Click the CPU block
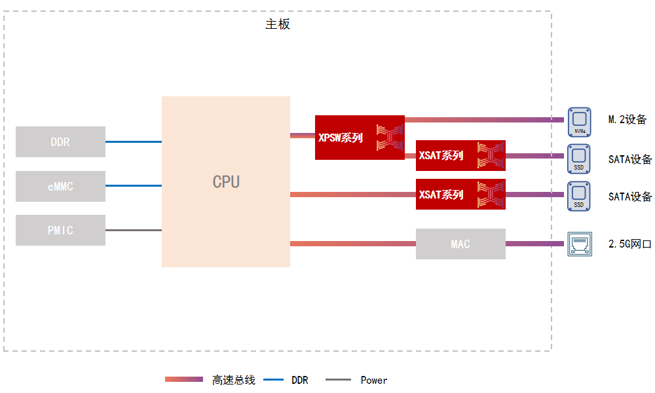click(x=225, y=181)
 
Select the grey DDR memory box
click(x=60, y=141)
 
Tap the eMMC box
click(x=60, y=186)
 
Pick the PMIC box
click(x=60, y=230)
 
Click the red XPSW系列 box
click(x=360, y=138)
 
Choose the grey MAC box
click(x=460, y=244)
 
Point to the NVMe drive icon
click(x=580, y=122)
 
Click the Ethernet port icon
click(x=580, y=244)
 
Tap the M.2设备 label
click(x=627, y=119)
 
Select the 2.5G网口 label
click(x=630, y=244)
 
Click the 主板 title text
click(x=277, y=24)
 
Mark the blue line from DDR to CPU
click(x=134, y=142)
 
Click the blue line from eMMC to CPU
click(x=134, y=186)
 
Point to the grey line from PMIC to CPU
click(x=134, y=230)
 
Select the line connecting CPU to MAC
click(x=353, y=244)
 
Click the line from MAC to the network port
click(x=534, y=244)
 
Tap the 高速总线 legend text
click(x=234, y=380)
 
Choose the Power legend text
click(x=374, y=380)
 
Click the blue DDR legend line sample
click(x=274, y=380)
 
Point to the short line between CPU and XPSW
click(x=303, y=136)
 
